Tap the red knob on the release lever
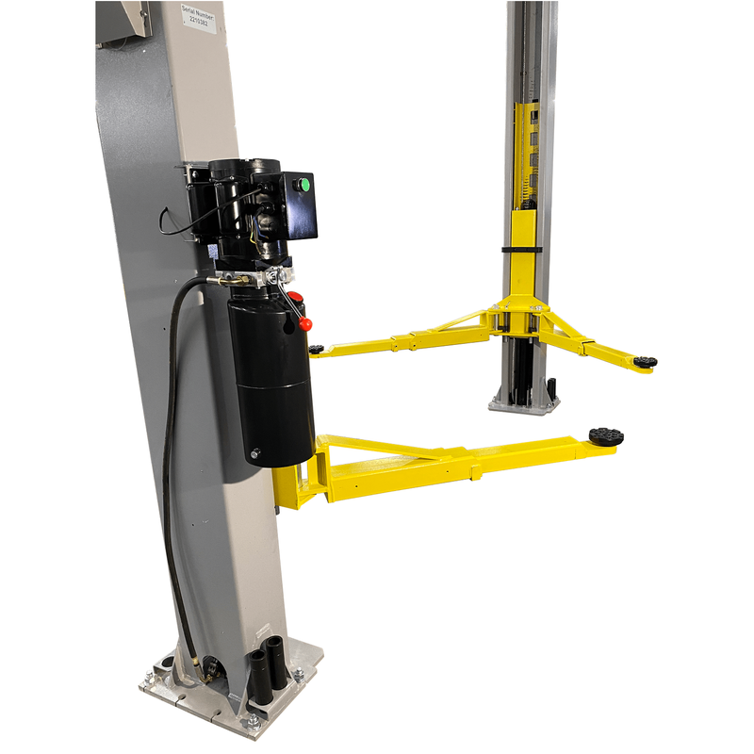305,323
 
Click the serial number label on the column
200,18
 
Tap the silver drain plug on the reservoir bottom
254,454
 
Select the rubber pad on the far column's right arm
646,362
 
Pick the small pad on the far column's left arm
316,350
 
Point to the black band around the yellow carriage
521,249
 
